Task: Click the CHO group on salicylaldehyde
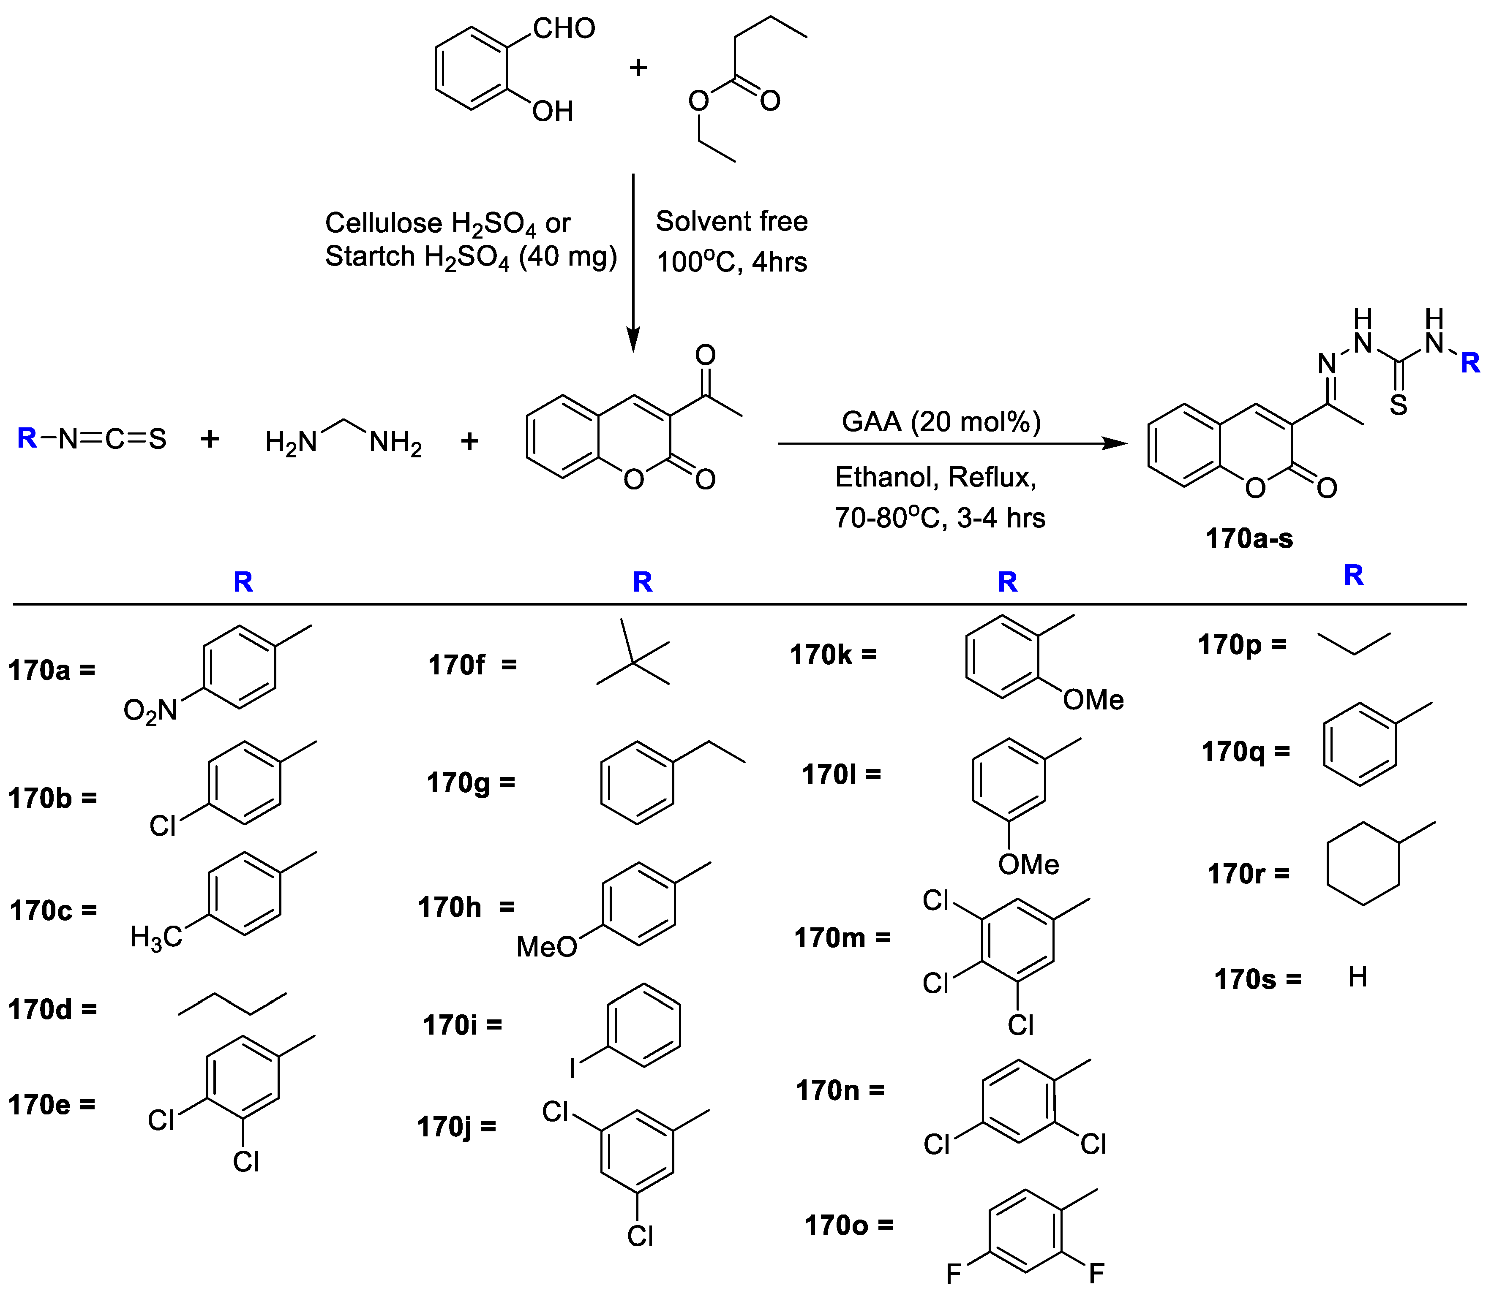tap(564, 29)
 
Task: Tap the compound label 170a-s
tap(1249, 539)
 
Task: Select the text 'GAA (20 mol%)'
tap(941, 421)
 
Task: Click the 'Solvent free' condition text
tap(731, 221)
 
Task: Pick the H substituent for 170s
tap(1357, 978)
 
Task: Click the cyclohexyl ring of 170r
tap(1363, 864)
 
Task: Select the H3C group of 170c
tap(155, 938)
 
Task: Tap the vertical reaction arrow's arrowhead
tap(633, 340)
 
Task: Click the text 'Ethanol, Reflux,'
tap(935, 477)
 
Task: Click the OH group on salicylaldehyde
tap(553, 111)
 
